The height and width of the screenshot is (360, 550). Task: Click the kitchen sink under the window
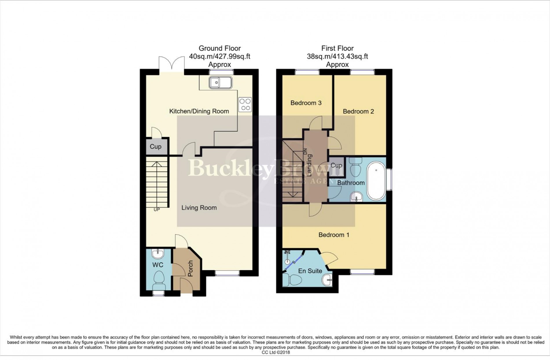[220, 82]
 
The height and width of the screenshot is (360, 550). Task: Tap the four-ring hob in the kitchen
[245, 104]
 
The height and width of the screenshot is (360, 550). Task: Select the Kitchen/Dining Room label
[199, 111]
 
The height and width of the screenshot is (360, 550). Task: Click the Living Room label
[199, 207]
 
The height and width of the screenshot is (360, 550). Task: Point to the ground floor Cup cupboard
[155, 147]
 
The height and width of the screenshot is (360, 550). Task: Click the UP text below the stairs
[157, 210]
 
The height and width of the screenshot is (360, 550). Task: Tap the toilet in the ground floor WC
[158, 280]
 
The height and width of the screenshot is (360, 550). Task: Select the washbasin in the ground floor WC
[158, 254]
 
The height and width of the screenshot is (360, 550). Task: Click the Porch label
[190, 268]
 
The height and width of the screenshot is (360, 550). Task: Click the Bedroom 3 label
[306, 103]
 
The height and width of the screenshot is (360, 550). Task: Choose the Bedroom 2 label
[358, 111]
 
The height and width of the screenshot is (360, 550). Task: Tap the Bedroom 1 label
[334, 235]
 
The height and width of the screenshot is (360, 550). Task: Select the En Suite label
[310, 271]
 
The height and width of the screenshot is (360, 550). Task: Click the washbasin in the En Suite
[327, 280]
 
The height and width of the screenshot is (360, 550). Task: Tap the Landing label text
[309, 165]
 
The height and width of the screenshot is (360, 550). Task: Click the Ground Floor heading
[219, 48]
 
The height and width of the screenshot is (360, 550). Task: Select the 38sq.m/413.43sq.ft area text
[337, 56]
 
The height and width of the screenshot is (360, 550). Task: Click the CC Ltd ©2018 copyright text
[275, 352]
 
